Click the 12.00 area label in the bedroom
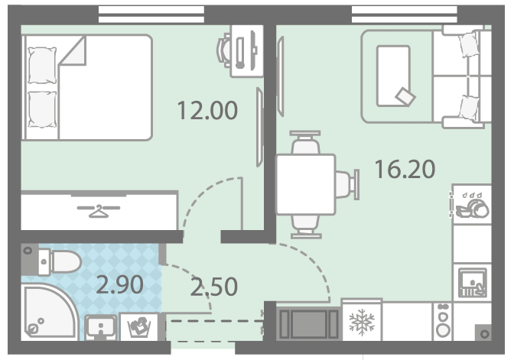(207, 110)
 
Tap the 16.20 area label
(405, 169)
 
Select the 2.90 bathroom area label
(119, 284)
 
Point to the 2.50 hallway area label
(213, 287)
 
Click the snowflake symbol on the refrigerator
(362, 322)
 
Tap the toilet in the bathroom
(60, 261)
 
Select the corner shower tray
(49, 312)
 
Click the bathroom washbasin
(101, 327)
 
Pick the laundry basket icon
(139, 327)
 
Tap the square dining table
(306, 184)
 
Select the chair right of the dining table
(347, 184)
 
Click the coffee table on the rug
(394, 76)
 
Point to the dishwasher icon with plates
(472, 205)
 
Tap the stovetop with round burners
(443, 322)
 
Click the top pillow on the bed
(42, 65)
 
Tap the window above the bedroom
(151, 15)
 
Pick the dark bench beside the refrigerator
(307, 323)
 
